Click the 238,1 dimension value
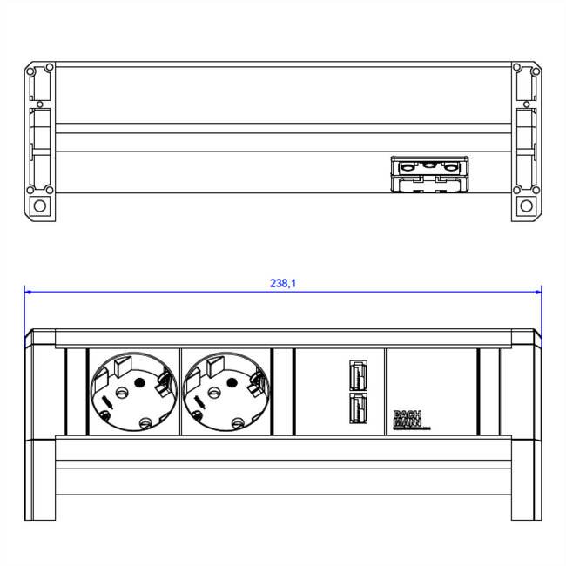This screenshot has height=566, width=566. click(283, 283)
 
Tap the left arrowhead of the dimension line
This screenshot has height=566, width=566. click(29, 292)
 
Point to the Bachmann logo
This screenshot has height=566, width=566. click(408, 420)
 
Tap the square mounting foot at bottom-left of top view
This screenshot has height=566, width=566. click(38, 206)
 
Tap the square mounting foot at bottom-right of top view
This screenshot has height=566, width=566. click(526, 206)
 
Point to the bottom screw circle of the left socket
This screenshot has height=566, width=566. click(145, 423)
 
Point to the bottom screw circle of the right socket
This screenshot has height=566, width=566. click(238, 423)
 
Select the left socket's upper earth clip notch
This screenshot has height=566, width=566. click(120, 361)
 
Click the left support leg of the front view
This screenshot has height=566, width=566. click(43, 479)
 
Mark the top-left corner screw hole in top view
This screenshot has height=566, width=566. click(31, 67)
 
